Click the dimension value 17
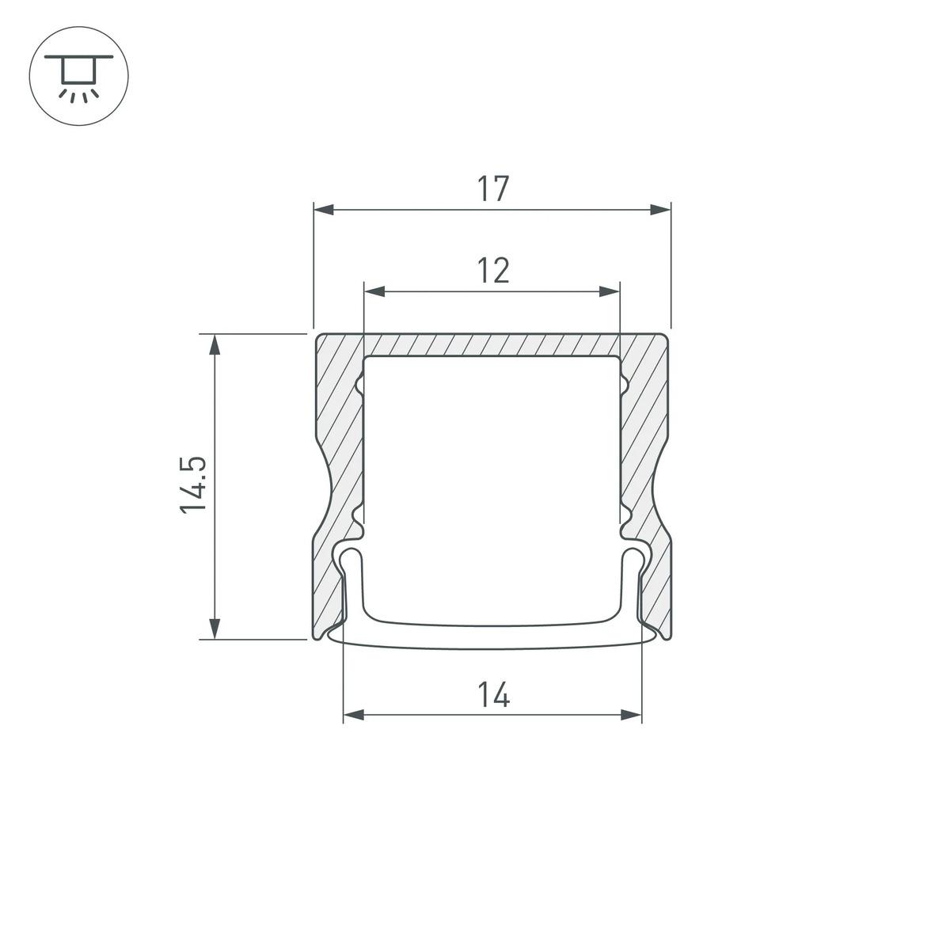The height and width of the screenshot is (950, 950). coord(492,189)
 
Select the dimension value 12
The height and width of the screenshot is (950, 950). coord(492,271)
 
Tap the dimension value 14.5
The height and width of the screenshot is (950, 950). coord(193,484)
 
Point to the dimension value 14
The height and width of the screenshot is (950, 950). coord(492,695)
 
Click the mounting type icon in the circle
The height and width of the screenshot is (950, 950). coord(78,78)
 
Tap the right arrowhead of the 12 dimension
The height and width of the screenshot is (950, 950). coord(610,292)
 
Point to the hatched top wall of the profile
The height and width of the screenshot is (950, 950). coord(492,345)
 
